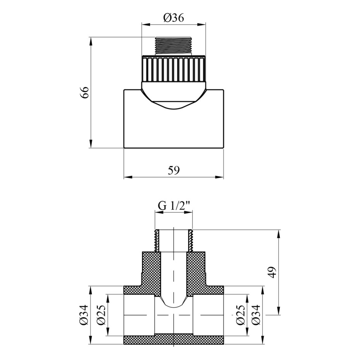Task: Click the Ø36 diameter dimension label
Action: [173, 18]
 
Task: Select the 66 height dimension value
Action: [85, 92]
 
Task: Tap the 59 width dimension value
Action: [173, 170]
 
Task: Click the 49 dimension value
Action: [273, 272]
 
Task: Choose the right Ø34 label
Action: [256, 315]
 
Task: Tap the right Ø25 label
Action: [240, 315]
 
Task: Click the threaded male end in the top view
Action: [173, 46]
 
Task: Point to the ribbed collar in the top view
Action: [173, 69]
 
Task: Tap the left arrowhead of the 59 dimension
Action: [127, 177]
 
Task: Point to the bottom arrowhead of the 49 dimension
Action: [279, 310]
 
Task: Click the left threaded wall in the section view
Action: [157, 240]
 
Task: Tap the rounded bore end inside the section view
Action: [173, 303]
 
